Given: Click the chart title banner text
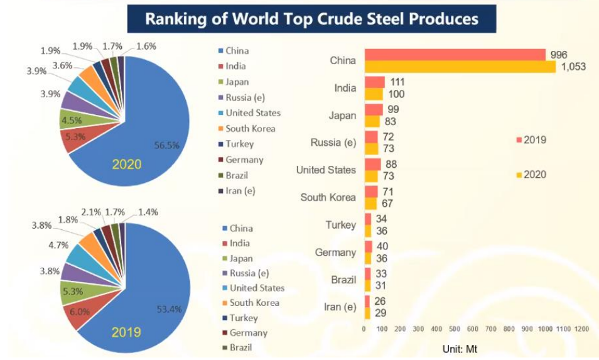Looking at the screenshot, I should click(x=311, y=19).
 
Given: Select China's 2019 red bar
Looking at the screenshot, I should click(x=455, y=55).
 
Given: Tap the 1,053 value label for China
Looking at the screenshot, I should click(x=572, y=67).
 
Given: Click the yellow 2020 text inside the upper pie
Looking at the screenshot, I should click(x=127, y=165).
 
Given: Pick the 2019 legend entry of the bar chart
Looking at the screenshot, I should click(x=531, y=139).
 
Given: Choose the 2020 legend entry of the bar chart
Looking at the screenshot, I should click(x=531, y=175).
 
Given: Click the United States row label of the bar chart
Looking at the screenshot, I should click(x=326, y=170).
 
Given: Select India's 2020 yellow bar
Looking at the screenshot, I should click(x=374, y=94).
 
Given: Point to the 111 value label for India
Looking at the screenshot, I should click(x=396, y=82).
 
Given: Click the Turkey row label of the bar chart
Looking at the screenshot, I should click(x=340, y=225).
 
